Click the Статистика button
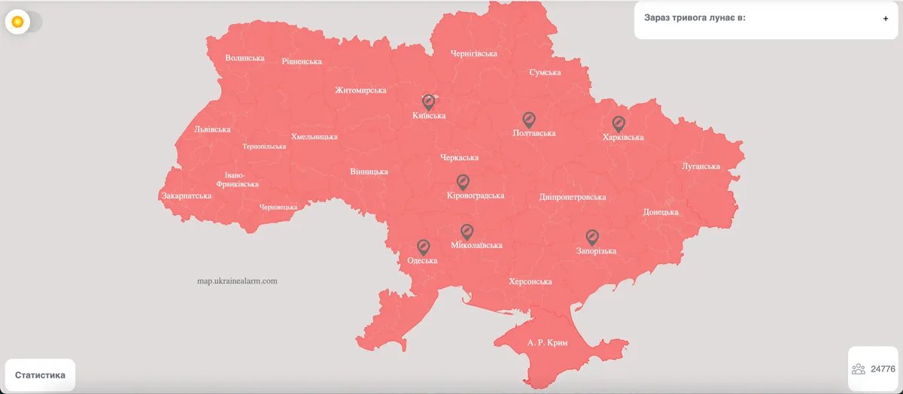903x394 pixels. (40, 374)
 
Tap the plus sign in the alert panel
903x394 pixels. (886, 19)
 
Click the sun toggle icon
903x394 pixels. (16, 22)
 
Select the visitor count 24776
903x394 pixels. (882, 369)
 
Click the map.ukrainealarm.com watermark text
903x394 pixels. (237, 281)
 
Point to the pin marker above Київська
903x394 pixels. (428, 102)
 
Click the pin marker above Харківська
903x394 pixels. (619, 123)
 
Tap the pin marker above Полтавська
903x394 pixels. (528, 120)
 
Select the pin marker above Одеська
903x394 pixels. (423, 247)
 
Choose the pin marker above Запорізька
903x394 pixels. (592, 237)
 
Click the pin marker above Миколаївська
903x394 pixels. (467, 232)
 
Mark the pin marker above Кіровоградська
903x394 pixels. (463, 182)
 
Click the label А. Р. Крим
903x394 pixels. (547, 343)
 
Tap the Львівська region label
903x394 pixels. (212, 129)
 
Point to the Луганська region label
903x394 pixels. (701, 166)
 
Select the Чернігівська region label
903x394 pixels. (474, 53)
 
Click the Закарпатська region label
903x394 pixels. (186, 195)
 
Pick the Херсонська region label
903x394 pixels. (530, 282)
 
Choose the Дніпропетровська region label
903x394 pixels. (572, 197)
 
